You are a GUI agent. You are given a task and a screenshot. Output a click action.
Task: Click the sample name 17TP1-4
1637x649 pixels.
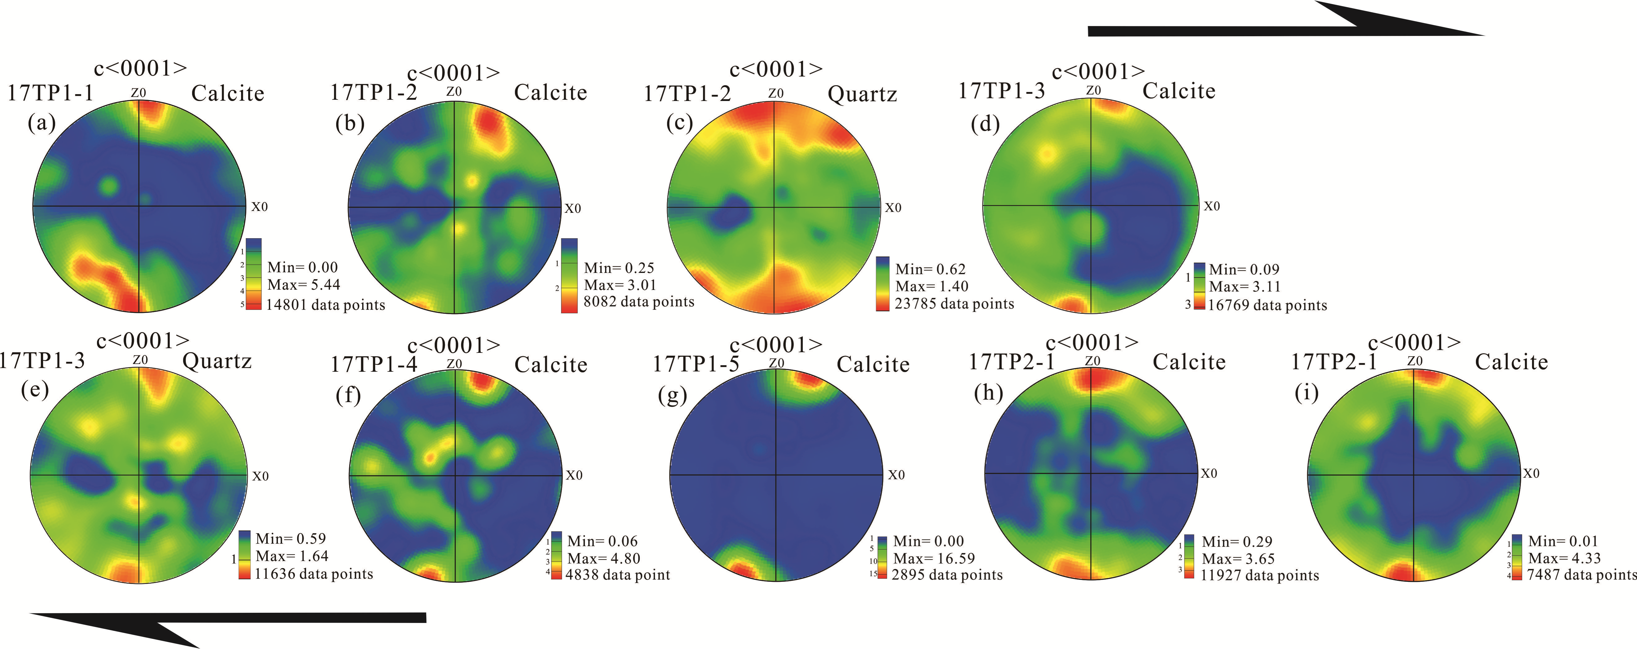point(374,364)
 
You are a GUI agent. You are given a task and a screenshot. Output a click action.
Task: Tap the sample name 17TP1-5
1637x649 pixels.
point(696,364)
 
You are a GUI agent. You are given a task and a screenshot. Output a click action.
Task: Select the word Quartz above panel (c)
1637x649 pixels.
point(862,94)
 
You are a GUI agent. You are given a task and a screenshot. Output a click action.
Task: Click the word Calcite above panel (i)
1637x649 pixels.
point(1511,362)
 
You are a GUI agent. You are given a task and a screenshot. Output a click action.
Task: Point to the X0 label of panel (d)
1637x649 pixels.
point(1212,206)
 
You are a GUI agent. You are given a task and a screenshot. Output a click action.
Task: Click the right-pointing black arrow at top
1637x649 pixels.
point(1284,25)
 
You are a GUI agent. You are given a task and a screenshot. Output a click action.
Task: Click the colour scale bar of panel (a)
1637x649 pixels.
point(253,274)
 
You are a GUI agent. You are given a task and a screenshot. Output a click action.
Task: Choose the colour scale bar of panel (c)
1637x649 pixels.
point(883,283)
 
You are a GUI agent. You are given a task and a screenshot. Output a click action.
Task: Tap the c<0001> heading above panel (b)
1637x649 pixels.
point(454,73)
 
